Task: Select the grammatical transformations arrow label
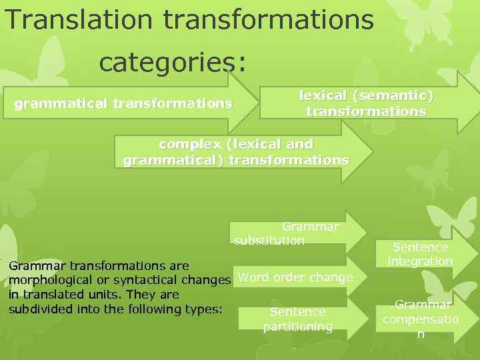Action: click(123, 104)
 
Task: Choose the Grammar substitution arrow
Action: click(293, 233)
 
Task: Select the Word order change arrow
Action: click(296, 277)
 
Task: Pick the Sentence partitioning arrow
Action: click(297, 319)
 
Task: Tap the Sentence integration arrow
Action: click(421, 254)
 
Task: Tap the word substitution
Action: click(269, 240)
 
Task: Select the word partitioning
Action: click(297, 327)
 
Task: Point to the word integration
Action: click(421, 261)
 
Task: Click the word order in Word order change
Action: click(291, 277)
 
